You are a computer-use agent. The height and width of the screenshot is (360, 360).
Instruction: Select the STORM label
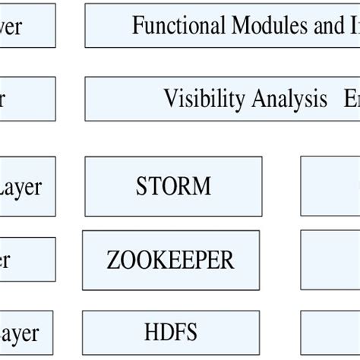(x=173, y=186)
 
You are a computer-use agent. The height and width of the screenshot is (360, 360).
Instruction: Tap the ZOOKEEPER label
(x=171, y=261)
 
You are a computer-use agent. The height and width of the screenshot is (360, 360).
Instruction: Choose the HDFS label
(x=170, y=332)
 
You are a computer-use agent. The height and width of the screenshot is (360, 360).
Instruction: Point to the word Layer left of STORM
(x=21, y=187)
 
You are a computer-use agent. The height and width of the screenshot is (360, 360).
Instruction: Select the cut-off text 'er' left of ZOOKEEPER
(x=5, y=261)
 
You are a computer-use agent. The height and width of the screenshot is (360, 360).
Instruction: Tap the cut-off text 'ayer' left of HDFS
(x=19, y=333)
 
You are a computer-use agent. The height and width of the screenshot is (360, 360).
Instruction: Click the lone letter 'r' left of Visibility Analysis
(x=3, y=99)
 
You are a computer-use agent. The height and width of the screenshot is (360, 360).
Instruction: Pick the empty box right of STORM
(x=330, y=186)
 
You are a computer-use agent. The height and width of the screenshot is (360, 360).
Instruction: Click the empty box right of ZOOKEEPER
(x=330, y=260)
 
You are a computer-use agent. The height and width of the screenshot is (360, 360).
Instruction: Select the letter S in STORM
(x=141, y=186)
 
